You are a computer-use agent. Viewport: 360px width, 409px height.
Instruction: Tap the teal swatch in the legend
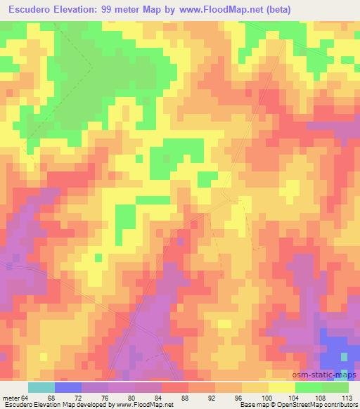click(41, 387)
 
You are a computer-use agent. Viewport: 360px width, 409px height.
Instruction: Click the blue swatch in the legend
click(68, 387)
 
